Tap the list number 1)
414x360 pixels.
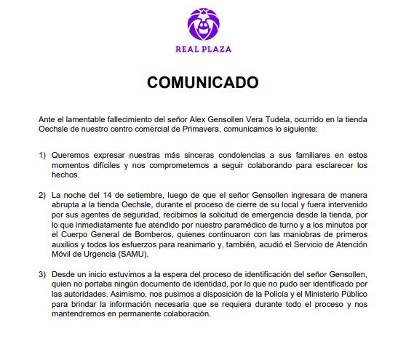(41, 155)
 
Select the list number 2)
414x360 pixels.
(41, 196)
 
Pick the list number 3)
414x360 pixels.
(41, 273)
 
